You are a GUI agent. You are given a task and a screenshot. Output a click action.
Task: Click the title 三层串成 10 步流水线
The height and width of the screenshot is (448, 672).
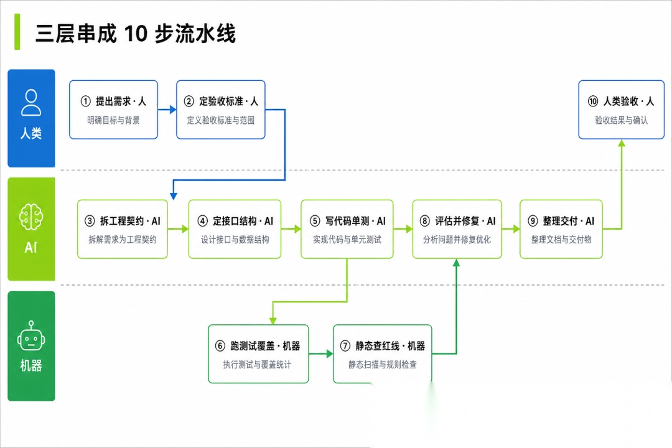coord(136,34)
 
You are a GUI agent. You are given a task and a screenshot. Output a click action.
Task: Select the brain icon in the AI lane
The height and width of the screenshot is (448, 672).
coord(31,217)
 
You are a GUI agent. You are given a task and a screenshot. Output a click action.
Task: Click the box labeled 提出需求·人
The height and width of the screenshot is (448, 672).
coord(114,110)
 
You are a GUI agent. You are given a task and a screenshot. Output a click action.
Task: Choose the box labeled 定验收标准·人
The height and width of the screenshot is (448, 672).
coord(221,110)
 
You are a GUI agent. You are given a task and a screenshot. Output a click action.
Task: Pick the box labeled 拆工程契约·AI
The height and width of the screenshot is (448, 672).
coord(123,229)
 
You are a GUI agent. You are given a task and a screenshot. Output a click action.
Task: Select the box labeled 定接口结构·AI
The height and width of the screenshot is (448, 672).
coord(235,229)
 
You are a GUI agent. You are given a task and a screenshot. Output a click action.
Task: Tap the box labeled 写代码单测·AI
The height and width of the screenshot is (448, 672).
coord(347,229)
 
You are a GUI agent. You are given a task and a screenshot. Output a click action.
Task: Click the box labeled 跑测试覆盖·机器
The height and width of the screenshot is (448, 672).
coord(258,353)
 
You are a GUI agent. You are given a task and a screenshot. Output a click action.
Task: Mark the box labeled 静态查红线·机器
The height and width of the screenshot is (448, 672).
coord(383,353)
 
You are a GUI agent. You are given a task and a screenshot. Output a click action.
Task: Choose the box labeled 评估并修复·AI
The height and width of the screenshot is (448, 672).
coord(457,229)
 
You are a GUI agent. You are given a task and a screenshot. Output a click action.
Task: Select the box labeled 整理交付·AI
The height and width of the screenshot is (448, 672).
coord(561,229)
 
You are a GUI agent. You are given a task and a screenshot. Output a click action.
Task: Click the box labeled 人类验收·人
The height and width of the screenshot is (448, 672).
coord(622,110)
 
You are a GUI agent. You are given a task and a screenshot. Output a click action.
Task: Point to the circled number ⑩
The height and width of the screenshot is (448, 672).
coord(593,101)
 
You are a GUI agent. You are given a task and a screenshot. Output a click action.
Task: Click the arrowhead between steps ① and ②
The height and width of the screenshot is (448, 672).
coord(173,110)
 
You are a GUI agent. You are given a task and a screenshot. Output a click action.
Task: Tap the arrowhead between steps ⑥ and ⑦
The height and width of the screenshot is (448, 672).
coord(330,353)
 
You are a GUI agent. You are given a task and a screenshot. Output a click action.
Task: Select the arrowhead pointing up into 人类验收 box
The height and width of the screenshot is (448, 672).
coord(622,143)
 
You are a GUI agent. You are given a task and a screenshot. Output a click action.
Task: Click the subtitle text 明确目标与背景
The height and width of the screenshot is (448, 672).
coord(114,121)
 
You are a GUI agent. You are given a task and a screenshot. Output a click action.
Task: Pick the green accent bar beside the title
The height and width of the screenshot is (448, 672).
coord(17,32)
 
